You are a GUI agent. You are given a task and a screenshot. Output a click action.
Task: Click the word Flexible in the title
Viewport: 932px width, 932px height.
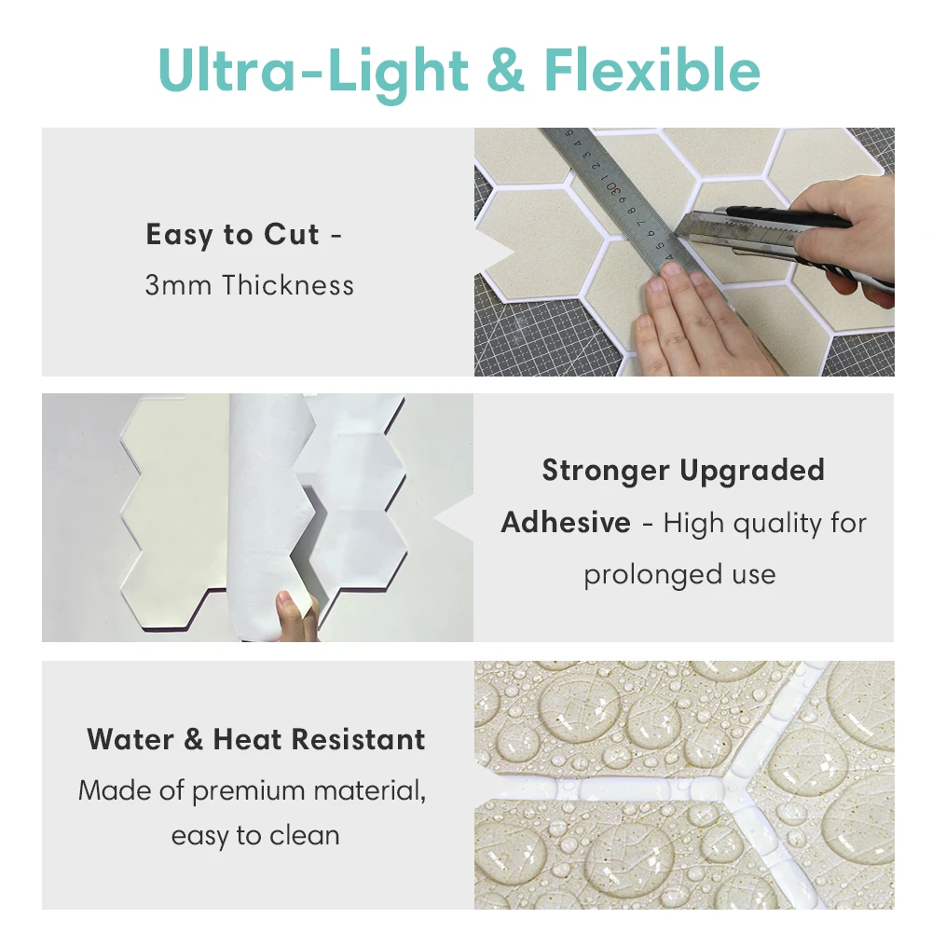click(x=652, y=70)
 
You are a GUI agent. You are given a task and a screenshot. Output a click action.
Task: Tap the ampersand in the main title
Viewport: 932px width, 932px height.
click(x=505, y=71)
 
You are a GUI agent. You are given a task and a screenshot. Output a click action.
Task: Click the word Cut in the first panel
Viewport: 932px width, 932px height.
click(x=291, y=234)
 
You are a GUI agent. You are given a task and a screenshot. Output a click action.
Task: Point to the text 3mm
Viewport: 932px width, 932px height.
click(x=178, y=286)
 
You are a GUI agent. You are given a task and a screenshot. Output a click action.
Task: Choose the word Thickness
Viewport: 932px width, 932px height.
click(x=288, y=284)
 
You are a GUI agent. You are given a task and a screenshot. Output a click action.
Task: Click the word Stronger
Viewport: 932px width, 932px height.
click(x=606, y=471)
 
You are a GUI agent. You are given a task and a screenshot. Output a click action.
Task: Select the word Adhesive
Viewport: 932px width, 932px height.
click(x=566, y=523)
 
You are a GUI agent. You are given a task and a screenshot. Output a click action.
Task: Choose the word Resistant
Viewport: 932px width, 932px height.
click(x=359, y=740)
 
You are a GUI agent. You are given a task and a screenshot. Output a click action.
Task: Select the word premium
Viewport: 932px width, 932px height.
click(x=249, y=791)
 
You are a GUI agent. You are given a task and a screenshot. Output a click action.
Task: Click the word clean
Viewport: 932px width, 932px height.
click(x=305, y=836)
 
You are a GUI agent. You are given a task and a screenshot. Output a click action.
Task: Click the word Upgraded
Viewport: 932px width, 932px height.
click(x=752, y=472)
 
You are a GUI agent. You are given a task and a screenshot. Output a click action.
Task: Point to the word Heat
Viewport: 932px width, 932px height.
click(x=247, y=740)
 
